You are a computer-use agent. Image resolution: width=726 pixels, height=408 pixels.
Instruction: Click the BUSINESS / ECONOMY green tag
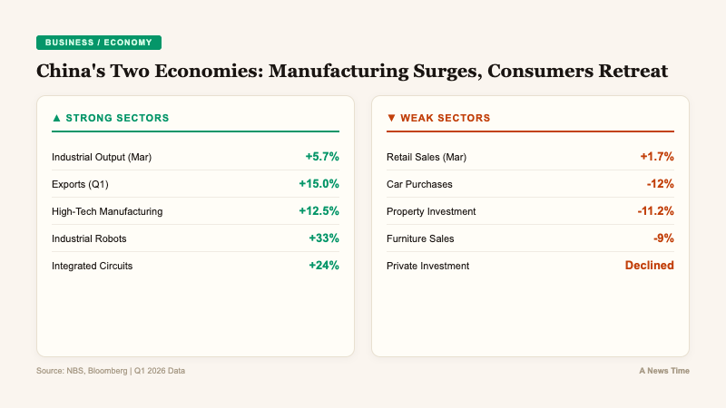(x=98, y=43)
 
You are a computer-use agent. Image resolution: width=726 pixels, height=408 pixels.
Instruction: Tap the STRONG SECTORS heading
(x=111, y=118)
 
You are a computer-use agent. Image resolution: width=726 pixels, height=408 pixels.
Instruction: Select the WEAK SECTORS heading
(x=438, y=118)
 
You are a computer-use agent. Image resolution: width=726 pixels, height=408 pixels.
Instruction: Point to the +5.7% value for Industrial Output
(x=322, y=157)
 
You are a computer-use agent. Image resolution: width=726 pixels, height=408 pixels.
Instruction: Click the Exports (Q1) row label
(x=80, y=184)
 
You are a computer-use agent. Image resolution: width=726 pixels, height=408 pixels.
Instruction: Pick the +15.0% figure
(x=319, y=184)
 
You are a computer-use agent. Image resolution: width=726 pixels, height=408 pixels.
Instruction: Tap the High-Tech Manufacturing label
(x=107, y=211)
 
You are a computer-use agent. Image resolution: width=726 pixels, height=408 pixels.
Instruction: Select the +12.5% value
(x=319, y=211)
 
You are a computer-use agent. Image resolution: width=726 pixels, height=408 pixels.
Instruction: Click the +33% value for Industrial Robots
(x=324, y=238)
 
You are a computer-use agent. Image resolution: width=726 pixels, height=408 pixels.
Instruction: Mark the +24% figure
(x=324, y=266)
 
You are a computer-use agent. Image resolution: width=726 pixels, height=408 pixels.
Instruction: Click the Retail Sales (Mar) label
(x=426, y=157)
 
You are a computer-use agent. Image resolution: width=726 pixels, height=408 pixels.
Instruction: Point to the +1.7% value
(x=657, y=157)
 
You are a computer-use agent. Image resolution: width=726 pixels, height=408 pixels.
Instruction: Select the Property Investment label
(x=431, y=211)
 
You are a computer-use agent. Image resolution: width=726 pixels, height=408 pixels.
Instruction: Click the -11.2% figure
(x=655, y=211)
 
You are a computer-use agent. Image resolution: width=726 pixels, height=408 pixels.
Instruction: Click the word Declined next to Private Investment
(x=649, y=266)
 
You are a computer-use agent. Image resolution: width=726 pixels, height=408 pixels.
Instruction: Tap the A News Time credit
(x=663, y=371)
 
